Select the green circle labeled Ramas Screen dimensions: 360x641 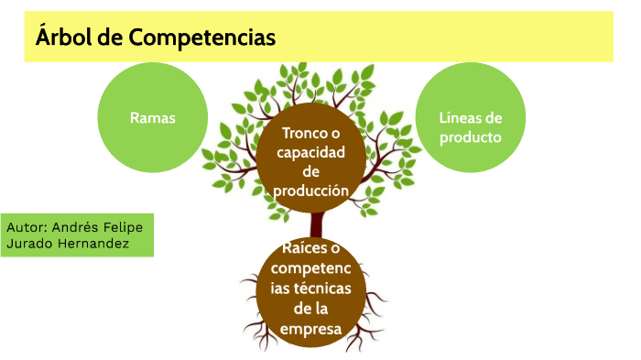point(152,118)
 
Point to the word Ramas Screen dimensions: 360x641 point(152,118)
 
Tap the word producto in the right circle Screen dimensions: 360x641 point(471,138)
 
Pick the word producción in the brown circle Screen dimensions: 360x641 point(311,191)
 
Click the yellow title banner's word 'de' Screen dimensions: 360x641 point(114,38)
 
